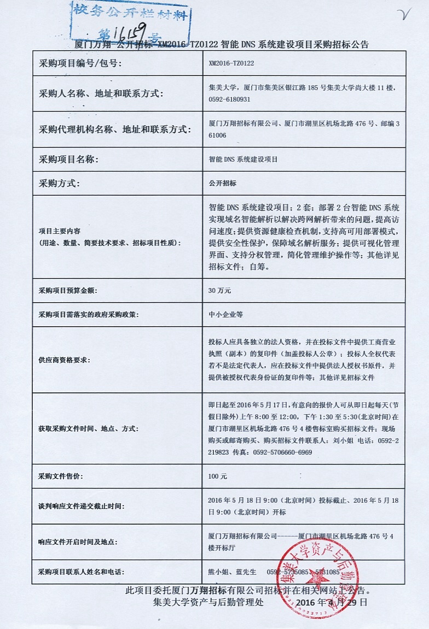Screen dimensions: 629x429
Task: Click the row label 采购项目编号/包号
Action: [80, 63]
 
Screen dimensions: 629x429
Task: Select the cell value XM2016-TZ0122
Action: [231, 63]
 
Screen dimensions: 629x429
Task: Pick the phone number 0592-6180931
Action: [230, 99]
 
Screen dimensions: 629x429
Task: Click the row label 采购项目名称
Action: [68, 160]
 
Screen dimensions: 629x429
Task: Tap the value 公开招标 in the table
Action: [223, 184]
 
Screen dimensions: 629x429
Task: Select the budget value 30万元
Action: [220, 290]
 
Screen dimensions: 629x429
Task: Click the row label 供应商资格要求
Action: [65, 360]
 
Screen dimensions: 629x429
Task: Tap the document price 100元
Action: [217, 477]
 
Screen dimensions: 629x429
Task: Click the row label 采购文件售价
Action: [61, 477]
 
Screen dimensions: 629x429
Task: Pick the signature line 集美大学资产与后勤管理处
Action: [208, 602]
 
